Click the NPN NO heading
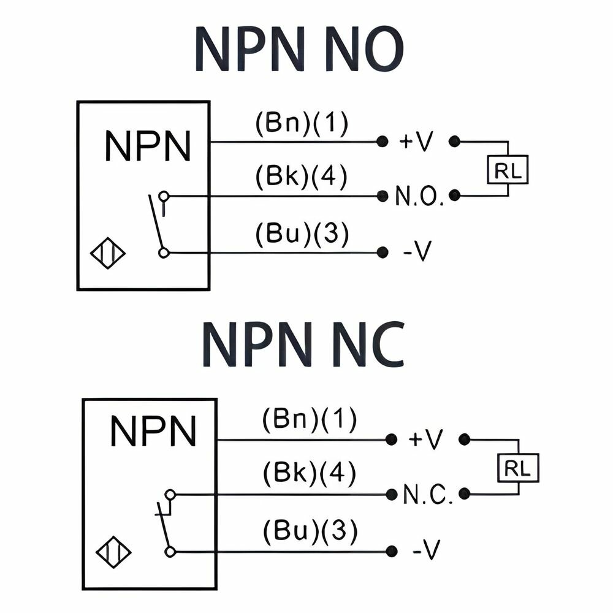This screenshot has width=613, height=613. (299, 49)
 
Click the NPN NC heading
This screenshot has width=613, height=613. (303, 345)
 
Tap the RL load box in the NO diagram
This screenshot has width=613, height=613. (508, 170)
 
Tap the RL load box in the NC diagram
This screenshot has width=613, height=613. (518, 468)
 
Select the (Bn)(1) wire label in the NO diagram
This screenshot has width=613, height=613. (302, 124)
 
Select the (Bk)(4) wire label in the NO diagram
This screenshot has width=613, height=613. (301, 177)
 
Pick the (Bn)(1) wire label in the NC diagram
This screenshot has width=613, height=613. (309, 419)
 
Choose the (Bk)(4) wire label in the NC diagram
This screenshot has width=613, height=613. (309, 474)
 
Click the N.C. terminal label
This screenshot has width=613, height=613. (428, 494)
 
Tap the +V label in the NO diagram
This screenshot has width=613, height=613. (416, 141)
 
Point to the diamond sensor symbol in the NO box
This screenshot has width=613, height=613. (108, 253)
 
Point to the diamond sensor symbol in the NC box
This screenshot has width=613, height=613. (114, 552)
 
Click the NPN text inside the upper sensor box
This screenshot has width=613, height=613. (148, 146)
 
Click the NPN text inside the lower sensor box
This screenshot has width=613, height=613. (153, 431)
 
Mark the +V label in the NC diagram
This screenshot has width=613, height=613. (426, 440)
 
